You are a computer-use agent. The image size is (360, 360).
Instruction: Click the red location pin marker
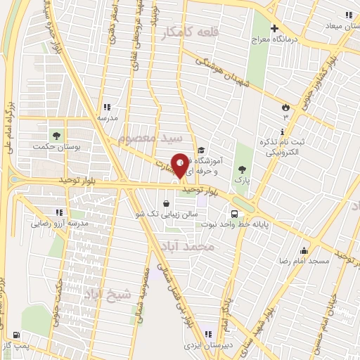(x=180, y=166)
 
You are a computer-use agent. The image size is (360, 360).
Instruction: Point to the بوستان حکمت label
(x=56, y=146)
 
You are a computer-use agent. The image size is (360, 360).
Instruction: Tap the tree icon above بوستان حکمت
(x=56, y=135)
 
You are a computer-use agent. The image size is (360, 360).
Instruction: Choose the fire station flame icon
(x=285, y=106)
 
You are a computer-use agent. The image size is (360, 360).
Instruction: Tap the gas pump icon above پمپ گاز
(x=16, y=335)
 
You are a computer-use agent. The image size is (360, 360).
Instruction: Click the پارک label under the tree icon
(x=242, y=180)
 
